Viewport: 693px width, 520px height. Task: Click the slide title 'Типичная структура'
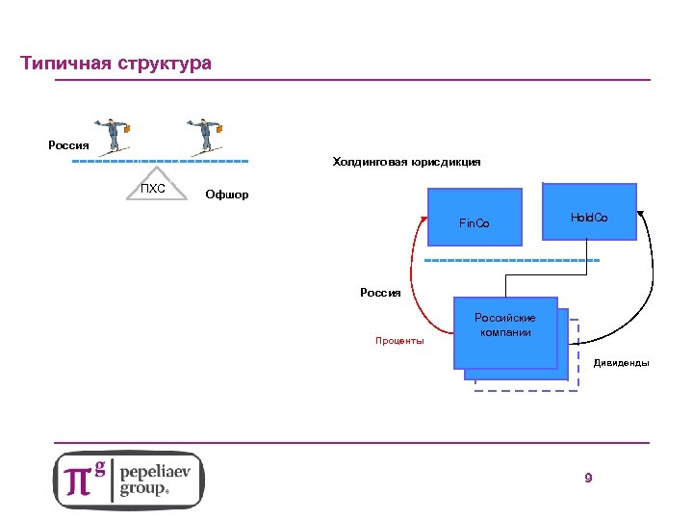(x=115, y=65)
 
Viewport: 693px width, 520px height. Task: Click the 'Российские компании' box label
(x=505, y=325)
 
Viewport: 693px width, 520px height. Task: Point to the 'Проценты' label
(x=398, y=341)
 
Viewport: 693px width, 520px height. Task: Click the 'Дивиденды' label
(x=621, y=363)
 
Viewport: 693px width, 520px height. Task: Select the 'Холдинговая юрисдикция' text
(x=406, y=163)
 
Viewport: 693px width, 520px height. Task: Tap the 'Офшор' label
(x=227, y=195)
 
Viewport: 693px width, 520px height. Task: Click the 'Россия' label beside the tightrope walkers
(x=68, y=145)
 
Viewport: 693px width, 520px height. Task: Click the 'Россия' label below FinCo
(x=380, y=293)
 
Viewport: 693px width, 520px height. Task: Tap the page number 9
(x=588, y=479)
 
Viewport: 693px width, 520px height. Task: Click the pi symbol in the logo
(x=80, y=480)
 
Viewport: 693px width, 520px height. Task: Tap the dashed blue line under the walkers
(x=160, y=161)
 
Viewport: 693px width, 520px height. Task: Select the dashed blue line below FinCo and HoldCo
(x=511, y=261)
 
